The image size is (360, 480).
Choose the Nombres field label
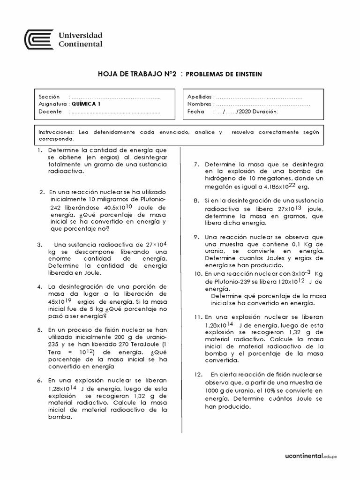200,104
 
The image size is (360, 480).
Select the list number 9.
196,237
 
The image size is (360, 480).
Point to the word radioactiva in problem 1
66,172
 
